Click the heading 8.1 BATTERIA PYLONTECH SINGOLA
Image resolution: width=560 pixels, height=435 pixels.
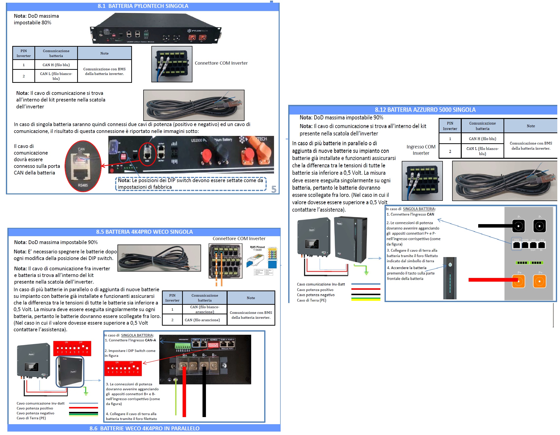[143, 6]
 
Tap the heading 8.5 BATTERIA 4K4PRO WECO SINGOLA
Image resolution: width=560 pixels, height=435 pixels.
[144, 232]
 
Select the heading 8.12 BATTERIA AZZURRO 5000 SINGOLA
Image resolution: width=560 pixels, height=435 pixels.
[425, 110]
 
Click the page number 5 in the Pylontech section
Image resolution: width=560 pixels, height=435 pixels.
[274, 189]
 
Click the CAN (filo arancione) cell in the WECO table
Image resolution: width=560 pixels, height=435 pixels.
[202, 320]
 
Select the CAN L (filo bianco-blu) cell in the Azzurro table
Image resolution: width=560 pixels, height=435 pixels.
[482, 151]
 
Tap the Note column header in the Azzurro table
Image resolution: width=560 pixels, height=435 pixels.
[531, 126]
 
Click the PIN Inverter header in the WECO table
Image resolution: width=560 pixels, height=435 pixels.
[172, 298]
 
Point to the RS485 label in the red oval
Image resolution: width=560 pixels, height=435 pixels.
[83, 185]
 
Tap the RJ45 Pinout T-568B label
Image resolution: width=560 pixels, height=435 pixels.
[257, 248]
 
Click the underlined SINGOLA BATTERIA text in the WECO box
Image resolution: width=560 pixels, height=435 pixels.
[137, 335]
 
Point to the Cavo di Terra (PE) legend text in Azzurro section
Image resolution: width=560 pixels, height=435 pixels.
[312, 300]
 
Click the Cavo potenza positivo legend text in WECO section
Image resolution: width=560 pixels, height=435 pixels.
[35, 408]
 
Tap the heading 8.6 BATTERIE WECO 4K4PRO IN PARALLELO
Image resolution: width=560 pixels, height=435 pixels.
[144, 428]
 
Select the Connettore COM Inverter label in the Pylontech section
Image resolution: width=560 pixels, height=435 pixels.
[221, 63]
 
